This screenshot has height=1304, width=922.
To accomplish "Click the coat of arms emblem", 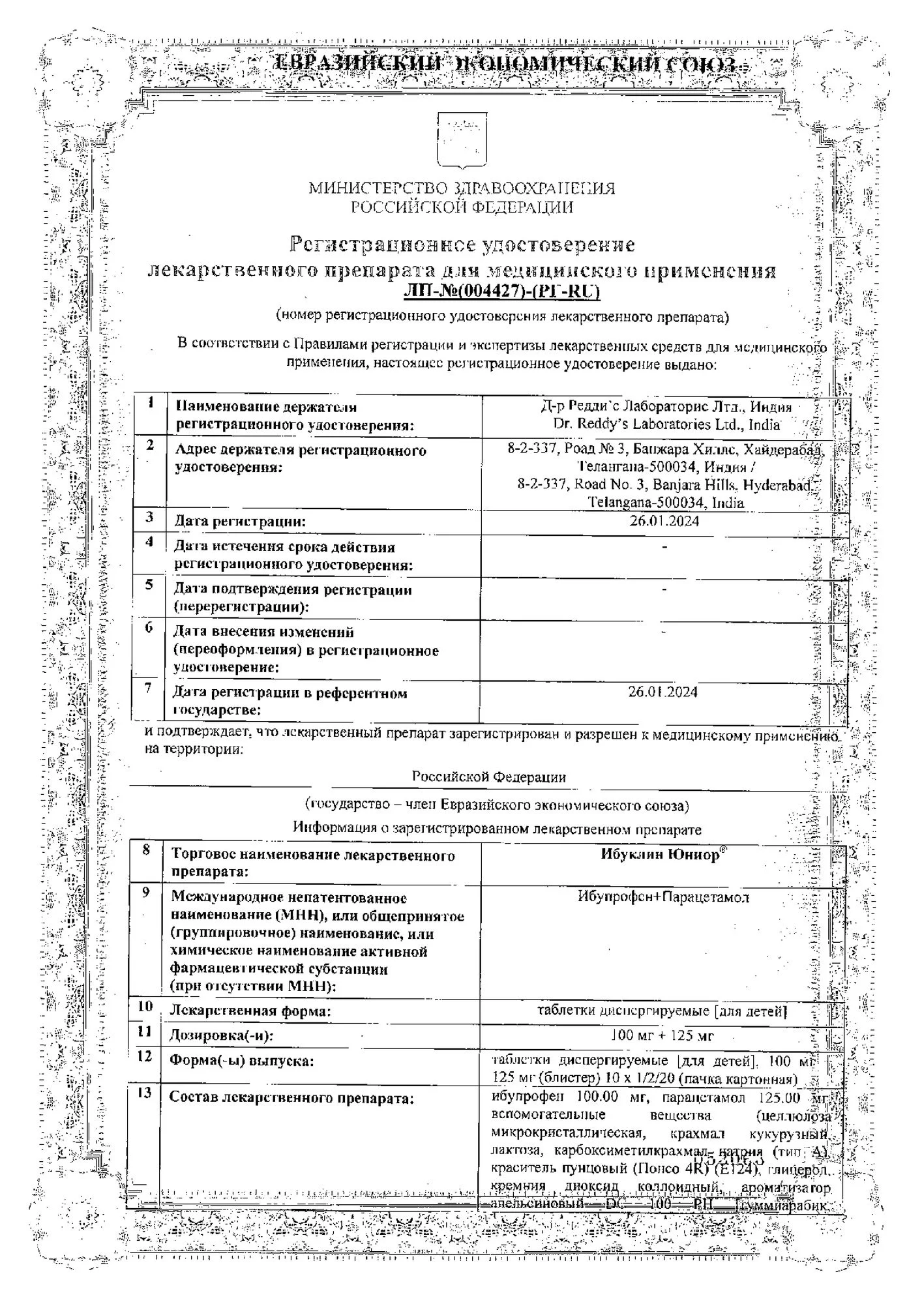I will coord(461,140).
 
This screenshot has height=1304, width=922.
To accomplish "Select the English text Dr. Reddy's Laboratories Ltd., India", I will coord(666,424).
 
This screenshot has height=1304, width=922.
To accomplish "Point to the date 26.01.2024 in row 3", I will coord(664,521).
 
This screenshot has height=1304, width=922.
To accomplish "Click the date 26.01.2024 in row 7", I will coord(663,692).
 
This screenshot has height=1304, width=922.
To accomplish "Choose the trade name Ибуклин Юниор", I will coord(661,854).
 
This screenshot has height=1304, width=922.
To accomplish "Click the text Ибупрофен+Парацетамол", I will coord(663,896).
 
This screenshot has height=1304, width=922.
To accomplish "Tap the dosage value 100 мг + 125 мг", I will coord(662,1035).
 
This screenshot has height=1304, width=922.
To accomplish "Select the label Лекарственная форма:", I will coord(250,1011).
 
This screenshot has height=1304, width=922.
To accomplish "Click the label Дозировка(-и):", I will coord(222,1035).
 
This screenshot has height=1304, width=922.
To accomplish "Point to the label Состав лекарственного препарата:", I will coord(291,1098).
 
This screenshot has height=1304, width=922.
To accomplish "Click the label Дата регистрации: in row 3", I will coord(240,522).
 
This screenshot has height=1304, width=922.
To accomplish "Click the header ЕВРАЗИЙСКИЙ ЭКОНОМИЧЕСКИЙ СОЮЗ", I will coord(505,64).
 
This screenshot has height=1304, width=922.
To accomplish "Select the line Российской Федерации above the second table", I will coord(488,777).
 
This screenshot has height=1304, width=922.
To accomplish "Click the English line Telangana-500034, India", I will coord(666,503).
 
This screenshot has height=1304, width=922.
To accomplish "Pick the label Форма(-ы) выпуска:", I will coord(242,1061).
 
